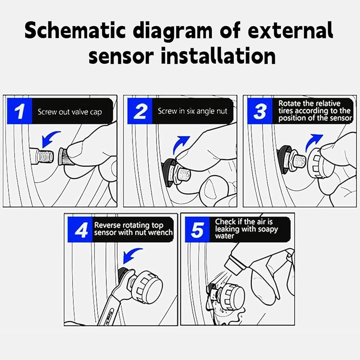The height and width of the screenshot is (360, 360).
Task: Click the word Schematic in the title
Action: point(75,31)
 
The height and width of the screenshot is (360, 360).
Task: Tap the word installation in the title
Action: point(218,56)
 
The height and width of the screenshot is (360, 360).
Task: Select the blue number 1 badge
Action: point(19,111)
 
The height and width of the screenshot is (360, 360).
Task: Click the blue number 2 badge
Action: point(140,111)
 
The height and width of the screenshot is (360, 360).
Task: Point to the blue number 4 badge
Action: point(80,229)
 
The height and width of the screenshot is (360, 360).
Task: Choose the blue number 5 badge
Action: point(197,229)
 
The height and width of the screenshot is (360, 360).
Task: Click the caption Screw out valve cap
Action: point(70,112)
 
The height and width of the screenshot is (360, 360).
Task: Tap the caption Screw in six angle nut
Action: point(192,111)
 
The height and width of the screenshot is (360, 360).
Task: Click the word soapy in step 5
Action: point(266,229)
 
